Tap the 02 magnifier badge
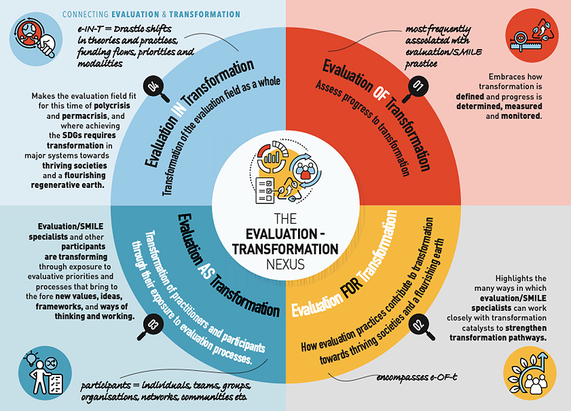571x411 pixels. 419,326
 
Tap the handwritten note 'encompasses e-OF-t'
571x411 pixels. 416,377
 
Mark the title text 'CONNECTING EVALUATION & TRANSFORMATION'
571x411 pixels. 151,14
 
